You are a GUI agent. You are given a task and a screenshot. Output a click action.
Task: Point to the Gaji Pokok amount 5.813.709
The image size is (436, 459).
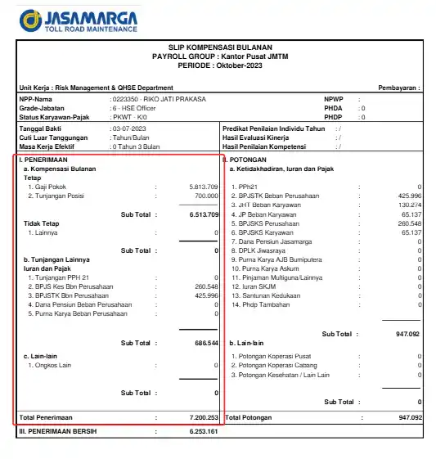(203, 187)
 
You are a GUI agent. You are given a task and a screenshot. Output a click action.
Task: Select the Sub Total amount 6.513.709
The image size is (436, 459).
(203, 214)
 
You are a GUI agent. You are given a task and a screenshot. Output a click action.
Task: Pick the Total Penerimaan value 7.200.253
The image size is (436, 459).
(203, 417)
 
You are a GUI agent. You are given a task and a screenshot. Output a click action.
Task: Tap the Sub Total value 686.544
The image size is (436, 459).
(205, 343)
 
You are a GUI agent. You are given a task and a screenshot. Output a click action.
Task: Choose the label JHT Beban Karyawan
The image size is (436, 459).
(267, 205)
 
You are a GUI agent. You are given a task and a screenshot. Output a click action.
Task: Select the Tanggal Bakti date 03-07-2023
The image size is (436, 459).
(129, 129)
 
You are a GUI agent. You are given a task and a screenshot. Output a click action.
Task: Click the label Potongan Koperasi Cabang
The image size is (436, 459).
(274, 366)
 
